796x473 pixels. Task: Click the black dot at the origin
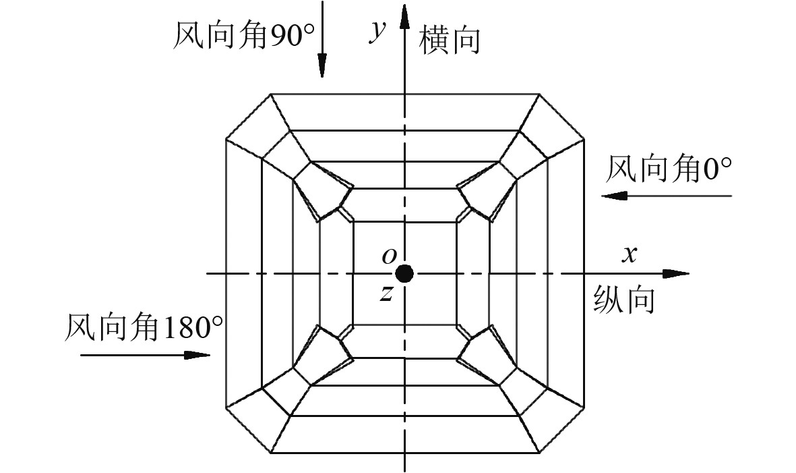tap(404, 273)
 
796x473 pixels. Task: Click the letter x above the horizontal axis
tap(629, 254)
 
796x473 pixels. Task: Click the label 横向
tap(450, 40)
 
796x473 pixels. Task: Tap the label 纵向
tap(624, 300)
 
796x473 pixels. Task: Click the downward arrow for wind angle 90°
tap(322, 40)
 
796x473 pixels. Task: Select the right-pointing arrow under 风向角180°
tap(145, 354)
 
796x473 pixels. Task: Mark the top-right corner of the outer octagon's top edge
tap(539, 93)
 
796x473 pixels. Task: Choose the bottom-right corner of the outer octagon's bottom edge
tap(539, 453)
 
